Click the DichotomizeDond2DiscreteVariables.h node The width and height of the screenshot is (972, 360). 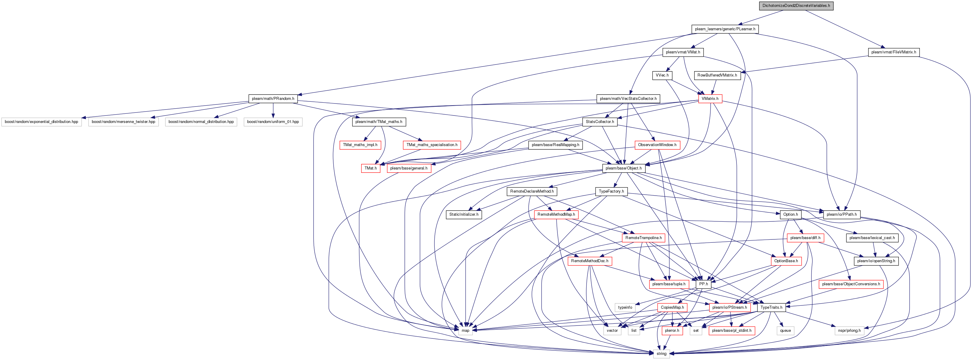[796, 6]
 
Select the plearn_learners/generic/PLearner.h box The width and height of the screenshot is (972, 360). [725, 29]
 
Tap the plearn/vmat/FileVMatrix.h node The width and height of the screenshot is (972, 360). [893, 52]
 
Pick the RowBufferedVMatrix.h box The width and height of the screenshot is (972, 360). [717, 75]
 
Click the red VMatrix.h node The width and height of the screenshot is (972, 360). [710, 98]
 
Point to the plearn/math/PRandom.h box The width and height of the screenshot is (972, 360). [273, 98]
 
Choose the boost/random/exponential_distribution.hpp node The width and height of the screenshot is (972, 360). [41, 122]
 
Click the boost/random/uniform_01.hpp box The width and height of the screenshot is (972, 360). [273, 122]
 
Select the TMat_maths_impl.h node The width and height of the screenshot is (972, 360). [360, 145]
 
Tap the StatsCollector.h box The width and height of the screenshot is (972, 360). [600, 122]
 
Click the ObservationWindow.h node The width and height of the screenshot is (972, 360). [657, 145]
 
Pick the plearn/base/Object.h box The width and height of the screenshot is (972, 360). [623, 168]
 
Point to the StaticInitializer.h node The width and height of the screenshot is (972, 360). [464, 214]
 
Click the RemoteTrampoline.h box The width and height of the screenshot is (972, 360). [643, 238]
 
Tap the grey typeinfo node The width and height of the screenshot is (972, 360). [625, 307]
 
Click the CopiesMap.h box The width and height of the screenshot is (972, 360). [672, 307]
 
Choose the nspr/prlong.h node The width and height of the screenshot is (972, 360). [849, 331]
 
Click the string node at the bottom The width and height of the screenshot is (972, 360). [661, 354]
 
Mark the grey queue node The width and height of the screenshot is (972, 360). [785, 331]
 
